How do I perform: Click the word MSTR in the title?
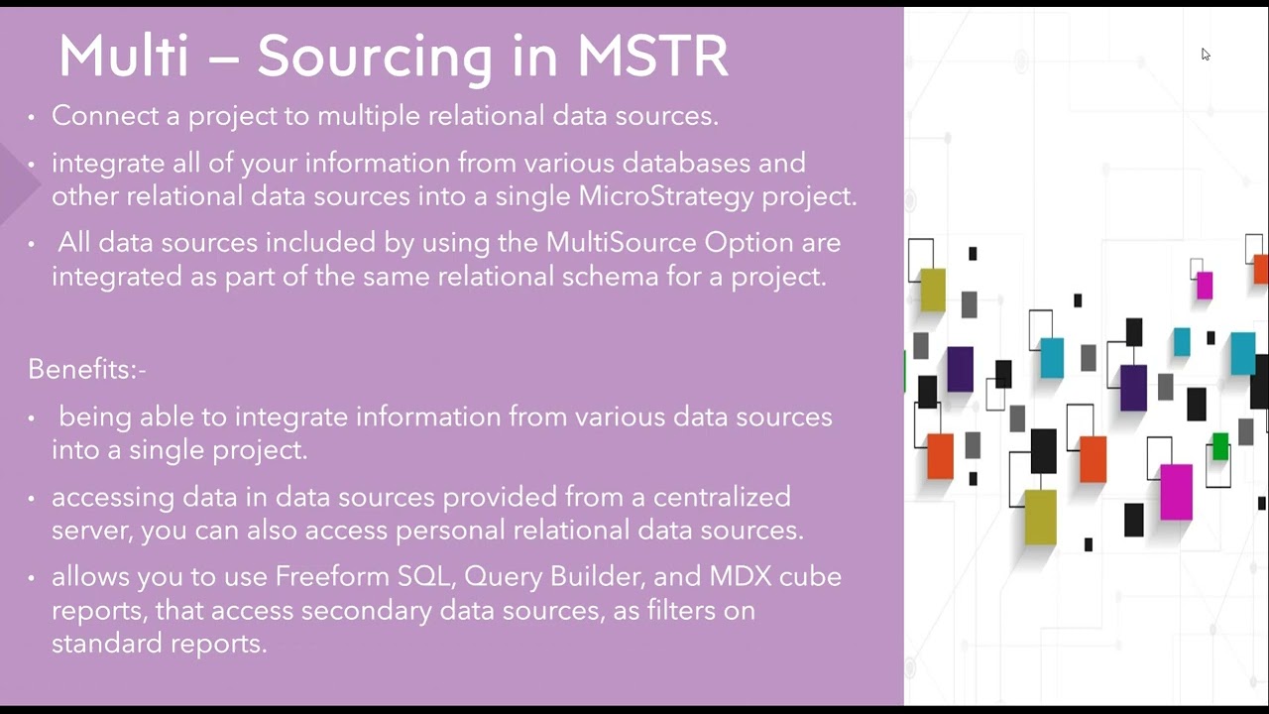652,57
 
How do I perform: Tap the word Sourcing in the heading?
374,58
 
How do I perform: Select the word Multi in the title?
123,57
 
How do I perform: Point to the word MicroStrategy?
665,196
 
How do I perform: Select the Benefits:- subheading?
87,370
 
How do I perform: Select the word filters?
677,611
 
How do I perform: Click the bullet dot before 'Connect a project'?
32,117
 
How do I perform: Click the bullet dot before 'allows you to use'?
32,578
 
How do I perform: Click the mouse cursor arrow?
1205,54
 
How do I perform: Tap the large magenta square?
1176,492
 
